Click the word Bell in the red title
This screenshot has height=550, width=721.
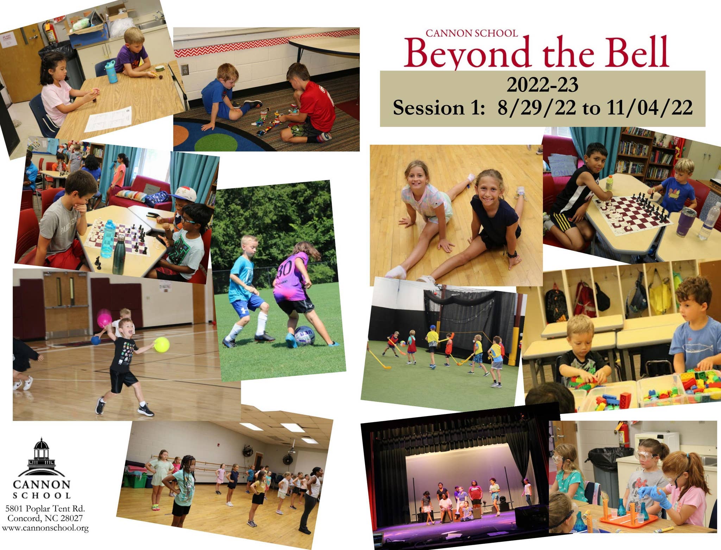point(636,52)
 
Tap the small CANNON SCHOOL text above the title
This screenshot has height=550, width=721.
point(471,33)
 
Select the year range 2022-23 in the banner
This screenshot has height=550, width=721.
point(543,85)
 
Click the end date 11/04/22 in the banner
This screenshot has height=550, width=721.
point(650,107)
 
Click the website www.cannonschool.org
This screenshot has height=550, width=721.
point(45,528)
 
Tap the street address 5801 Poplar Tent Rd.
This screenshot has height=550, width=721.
point(45,508)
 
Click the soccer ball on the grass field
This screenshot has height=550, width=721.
point(305,335)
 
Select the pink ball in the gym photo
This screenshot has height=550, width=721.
point(105,318)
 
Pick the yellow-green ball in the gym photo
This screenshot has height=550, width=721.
point(162,345)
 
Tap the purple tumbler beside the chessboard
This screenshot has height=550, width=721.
point(685,222)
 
